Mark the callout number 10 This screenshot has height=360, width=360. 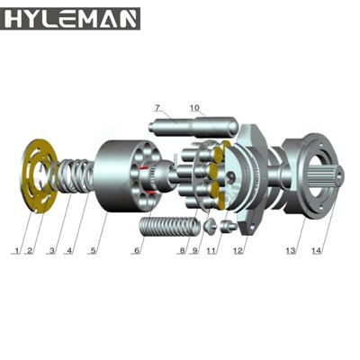194,108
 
